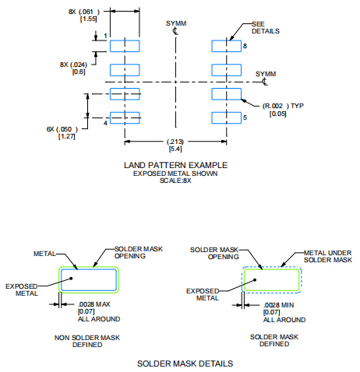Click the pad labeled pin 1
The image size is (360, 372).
coord(125,46)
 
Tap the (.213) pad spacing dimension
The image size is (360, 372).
coord(176,141)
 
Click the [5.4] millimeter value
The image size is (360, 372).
coord(176,149)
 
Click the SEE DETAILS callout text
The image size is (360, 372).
coord(266,27)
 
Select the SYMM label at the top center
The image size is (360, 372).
coord(176,23)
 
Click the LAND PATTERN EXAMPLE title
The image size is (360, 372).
coord(175,165)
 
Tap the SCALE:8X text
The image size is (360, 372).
coord(175,180)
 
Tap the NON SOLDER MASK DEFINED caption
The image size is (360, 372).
coord(88,340)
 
